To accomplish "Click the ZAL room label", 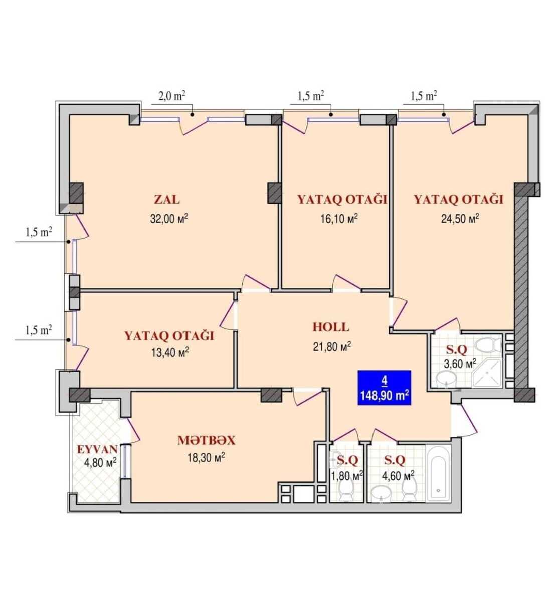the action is [x=167, y=200].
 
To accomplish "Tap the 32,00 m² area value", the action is [x=169, y=218].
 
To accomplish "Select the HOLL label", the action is [x=330, y=327].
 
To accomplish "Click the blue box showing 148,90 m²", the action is [x=384, y=387].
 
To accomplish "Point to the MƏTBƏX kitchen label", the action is [x=206, y=440].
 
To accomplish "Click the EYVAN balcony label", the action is [x=97, y=449].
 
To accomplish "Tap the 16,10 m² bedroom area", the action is [x=339, y=218].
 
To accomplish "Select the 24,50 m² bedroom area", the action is [x=460, y=218].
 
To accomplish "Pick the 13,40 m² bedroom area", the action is [x=170, y=352].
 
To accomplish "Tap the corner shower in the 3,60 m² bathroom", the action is [x=487, y=373].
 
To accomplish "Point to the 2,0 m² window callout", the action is [x=172, y=96].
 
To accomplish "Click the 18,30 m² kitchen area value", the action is [x=206, y=458].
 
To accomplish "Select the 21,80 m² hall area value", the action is [x=332, y=346].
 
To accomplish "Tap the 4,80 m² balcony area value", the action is [x=100, y=463].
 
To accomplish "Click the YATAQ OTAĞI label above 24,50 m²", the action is [x=459, y=200].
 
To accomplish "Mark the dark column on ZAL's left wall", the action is [x=76, y=193].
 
